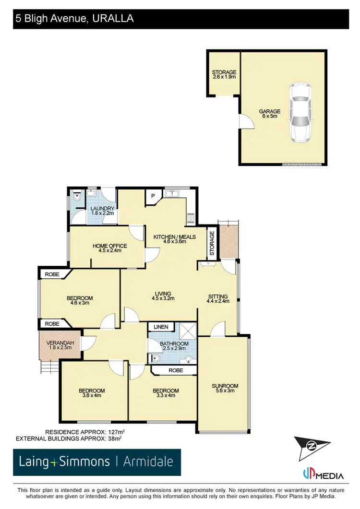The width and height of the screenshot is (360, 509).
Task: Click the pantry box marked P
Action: (x=153, y=196)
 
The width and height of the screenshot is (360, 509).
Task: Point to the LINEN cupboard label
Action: (x=161, y=327)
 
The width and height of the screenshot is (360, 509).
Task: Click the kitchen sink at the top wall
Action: (x=171, y=194)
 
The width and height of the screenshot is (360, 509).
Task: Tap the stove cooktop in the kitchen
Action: (x=191, y=218)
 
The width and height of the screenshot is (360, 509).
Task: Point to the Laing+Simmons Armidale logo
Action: (x=96, y=462)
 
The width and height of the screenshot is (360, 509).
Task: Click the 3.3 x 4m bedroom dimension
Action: (x=165, y=396)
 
